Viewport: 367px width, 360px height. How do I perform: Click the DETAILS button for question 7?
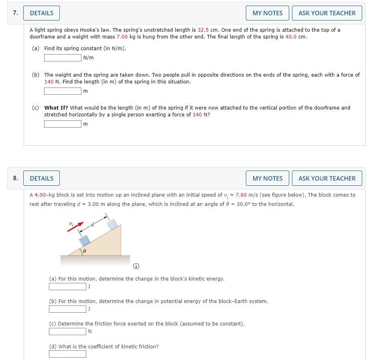41,13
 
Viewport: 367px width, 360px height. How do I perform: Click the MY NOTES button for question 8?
268,178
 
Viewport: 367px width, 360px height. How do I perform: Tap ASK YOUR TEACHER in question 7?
327,13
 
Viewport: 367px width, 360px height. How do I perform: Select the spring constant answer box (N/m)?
63,57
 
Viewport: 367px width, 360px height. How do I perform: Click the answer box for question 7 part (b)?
63,91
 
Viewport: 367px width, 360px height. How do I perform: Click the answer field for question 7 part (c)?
63,124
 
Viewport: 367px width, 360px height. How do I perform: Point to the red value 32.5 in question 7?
203,30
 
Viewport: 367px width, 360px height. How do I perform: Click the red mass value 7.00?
122,37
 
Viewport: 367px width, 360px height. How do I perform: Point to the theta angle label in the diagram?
85,252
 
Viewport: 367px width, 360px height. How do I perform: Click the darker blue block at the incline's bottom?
84,240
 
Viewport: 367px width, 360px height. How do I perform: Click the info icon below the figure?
136,266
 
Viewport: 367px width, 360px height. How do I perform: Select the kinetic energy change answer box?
67,287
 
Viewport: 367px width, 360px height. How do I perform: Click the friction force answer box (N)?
67,332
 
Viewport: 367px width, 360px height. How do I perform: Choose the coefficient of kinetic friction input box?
67,354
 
